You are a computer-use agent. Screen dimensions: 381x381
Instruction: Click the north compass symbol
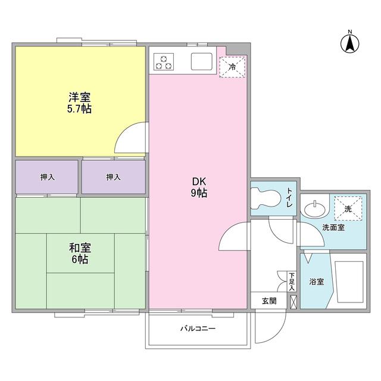pos(349,42)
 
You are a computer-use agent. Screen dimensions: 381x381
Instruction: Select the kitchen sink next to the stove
pos(202,61)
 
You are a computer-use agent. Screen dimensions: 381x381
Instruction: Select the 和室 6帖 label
pos(79,254)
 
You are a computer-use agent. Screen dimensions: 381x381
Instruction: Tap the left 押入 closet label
pos(47,177)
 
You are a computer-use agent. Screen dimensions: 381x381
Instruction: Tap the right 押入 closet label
pos(113,177)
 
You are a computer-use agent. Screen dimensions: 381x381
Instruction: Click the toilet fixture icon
pos(266,198)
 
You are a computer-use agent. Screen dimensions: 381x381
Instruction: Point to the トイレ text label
pos(289,197)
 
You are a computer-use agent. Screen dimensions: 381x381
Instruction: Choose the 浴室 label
pos(316,282)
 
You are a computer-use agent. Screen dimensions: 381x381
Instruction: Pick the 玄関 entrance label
pos(268,301)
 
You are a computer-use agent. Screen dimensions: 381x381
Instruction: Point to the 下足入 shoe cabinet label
pos(292,282)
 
